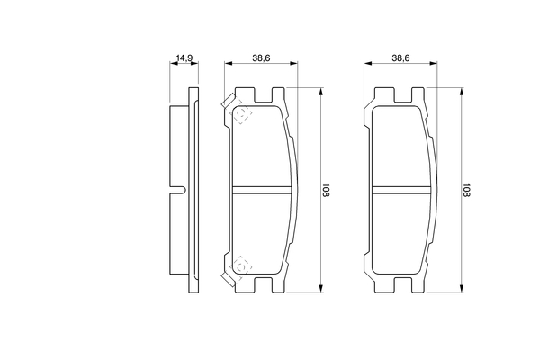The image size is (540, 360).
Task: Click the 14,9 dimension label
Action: pos(184,58)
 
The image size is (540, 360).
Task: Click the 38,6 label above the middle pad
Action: pos(261,58)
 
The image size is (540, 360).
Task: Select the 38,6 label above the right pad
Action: pos(400,58)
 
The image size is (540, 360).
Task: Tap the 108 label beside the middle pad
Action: pos(326,190)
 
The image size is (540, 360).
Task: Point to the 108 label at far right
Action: pos(466,190)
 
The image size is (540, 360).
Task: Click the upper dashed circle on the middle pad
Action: pos(242,113)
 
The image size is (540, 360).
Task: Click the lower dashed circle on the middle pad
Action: pos(242,266)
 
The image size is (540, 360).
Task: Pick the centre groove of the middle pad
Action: pos(262,190)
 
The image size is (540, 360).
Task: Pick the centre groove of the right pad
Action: pos(401,190)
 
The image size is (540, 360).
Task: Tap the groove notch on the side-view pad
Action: pos(178,190)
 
